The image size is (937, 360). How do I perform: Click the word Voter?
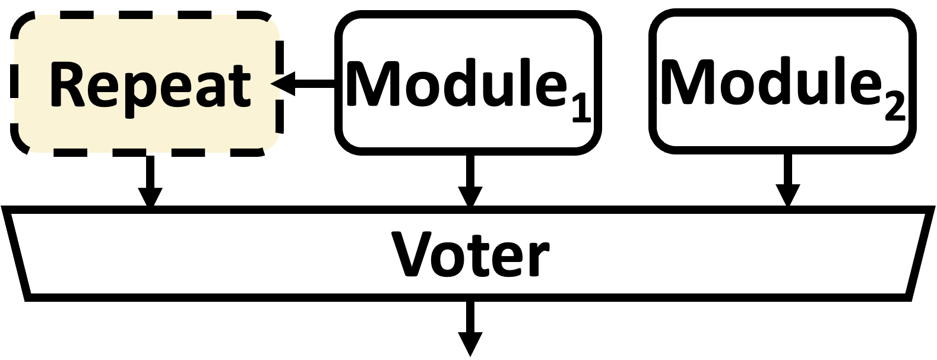tap(469, 254)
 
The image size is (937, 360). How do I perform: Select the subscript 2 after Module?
tap(894, 109)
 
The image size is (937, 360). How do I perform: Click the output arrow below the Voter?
tap(470, 327)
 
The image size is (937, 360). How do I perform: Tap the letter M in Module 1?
tap(375, 83)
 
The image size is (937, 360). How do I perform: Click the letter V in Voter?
tap(414, 254)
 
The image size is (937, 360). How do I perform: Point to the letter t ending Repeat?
tap(240, 87)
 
